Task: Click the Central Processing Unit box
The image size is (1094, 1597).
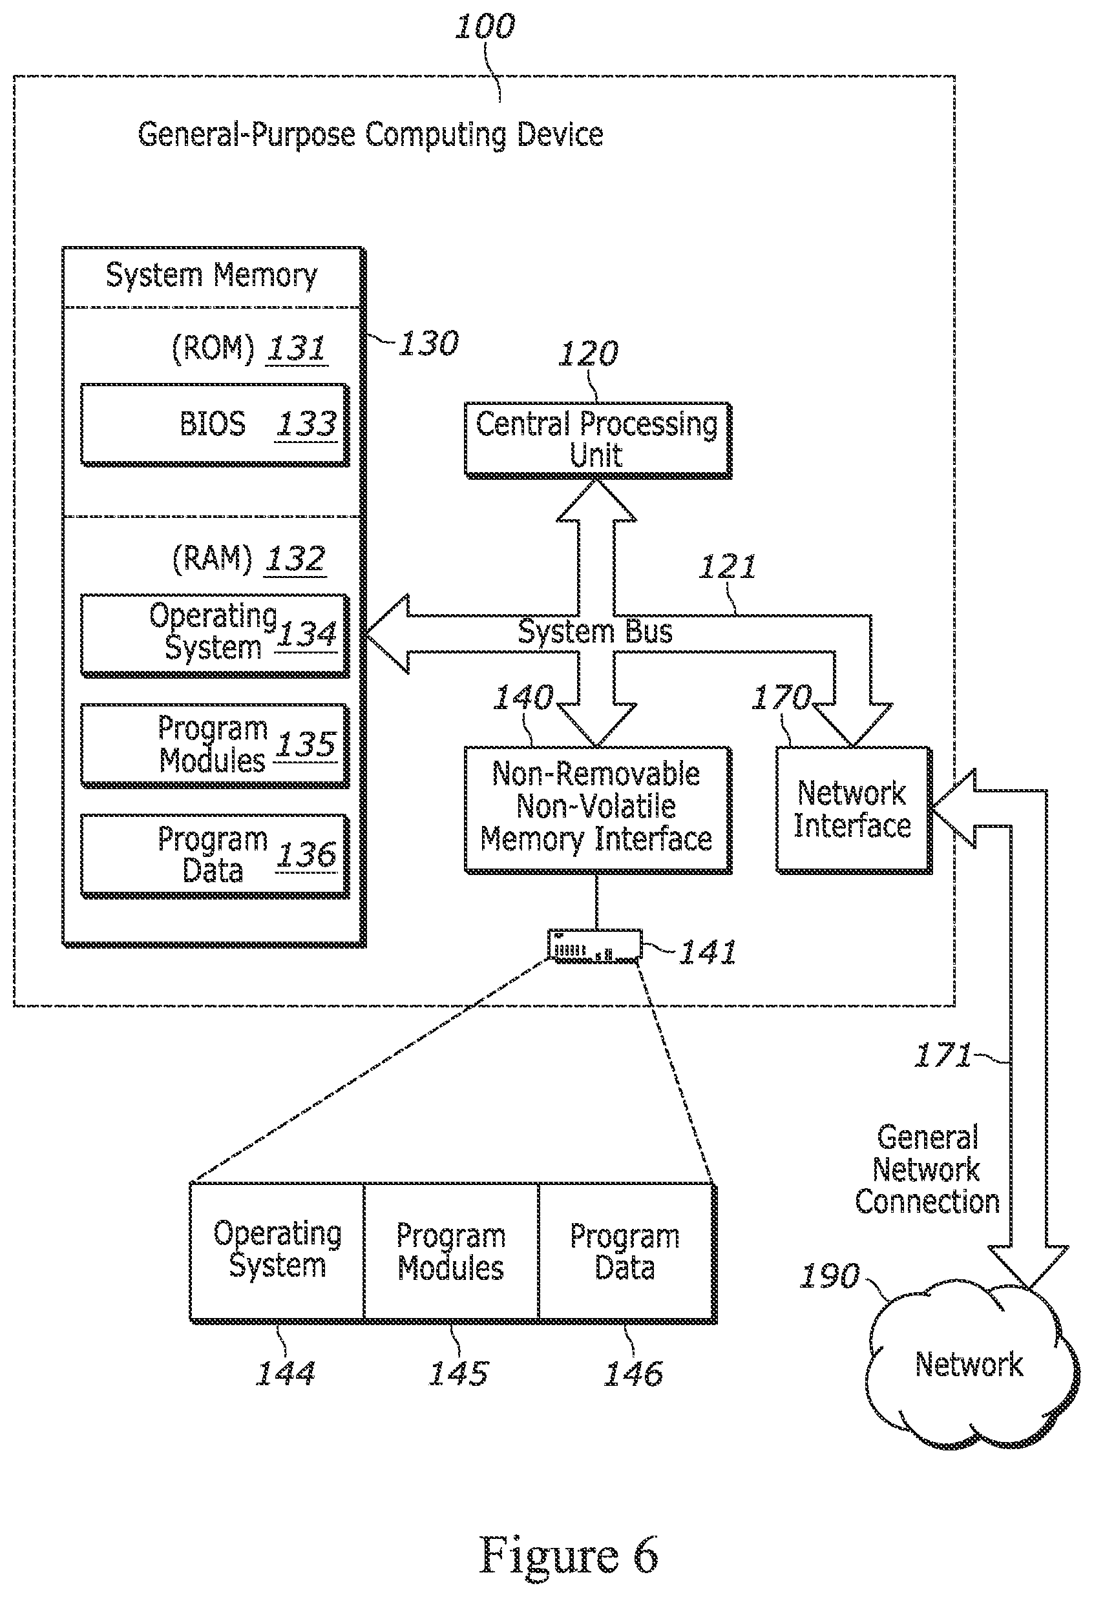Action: (x=598, y=440)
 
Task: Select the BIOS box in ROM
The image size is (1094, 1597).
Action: (x=215, y=426)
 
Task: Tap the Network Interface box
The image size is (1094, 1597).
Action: (x=854, y=810)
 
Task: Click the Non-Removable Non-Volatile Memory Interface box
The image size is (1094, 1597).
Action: (x=598, y=810)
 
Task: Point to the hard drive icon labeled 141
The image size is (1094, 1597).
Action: (x=594, y=945)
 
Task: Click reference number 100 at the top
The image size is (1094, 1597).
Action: (x=485, y=27)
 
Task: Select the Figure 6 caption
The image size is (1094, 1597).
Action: (x=569, y=1554)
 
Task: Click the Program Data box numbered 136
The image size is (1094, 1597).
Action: (x=215, y=856)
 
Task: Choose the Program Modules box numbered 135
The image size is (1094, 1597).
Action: (x=215, y=746)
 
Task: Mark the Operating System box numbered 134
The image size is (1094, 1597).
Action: (x=215, y=635)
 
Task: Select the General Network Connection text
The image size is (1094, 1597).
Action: (x=927, y=1169)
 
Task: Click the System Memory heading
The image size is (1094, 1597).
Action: (x=212, y=276)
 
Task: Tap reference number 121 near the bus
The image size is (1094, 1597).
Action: (x=728, y=567)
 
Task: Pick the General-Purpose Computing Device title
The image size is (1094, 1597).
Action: (x=371, y=135)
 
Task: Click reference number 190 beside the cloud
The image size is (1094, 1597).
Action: (x=829, y=1276)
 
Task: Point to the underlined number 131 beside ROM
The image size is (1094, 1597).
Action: (x=297, y=349)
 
